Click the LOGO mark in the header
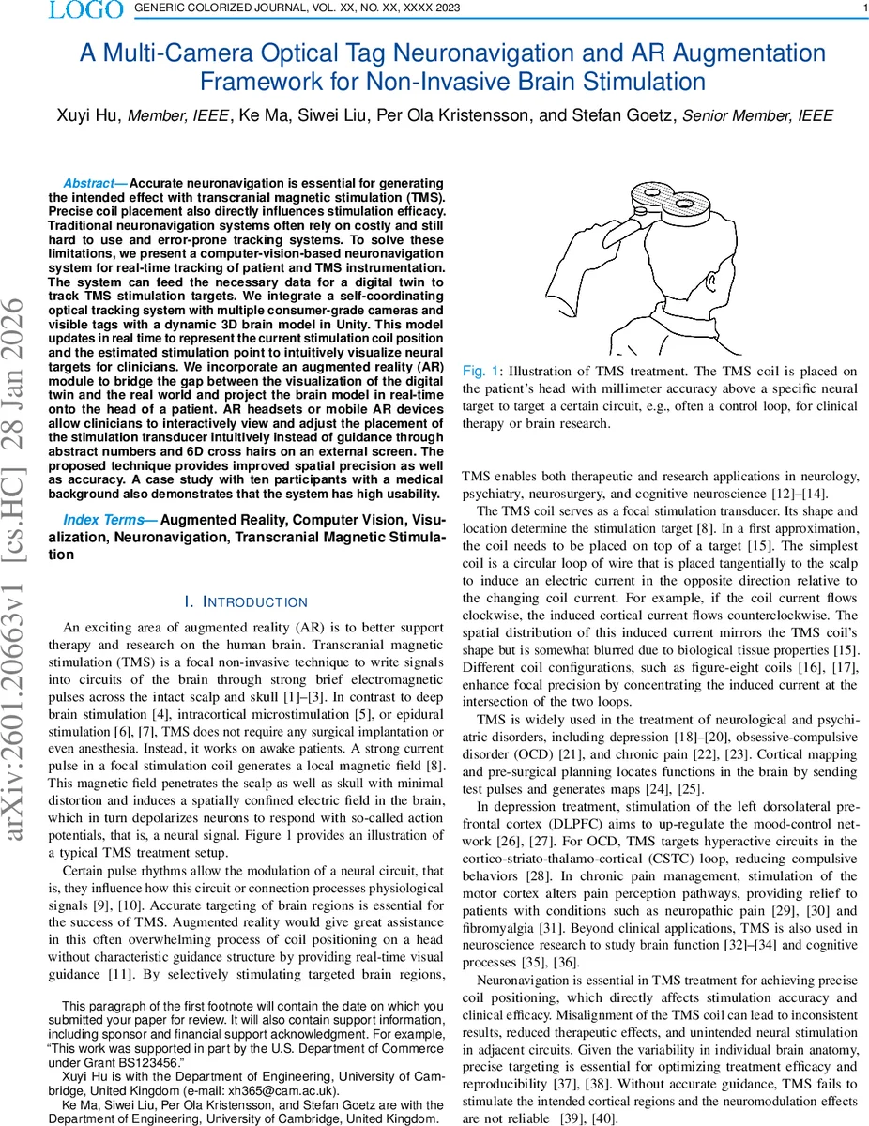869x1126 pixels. (85, 10)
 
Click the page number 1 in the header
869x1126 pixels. (862, 9)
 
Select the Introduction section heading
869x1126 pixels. (246, 601)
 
